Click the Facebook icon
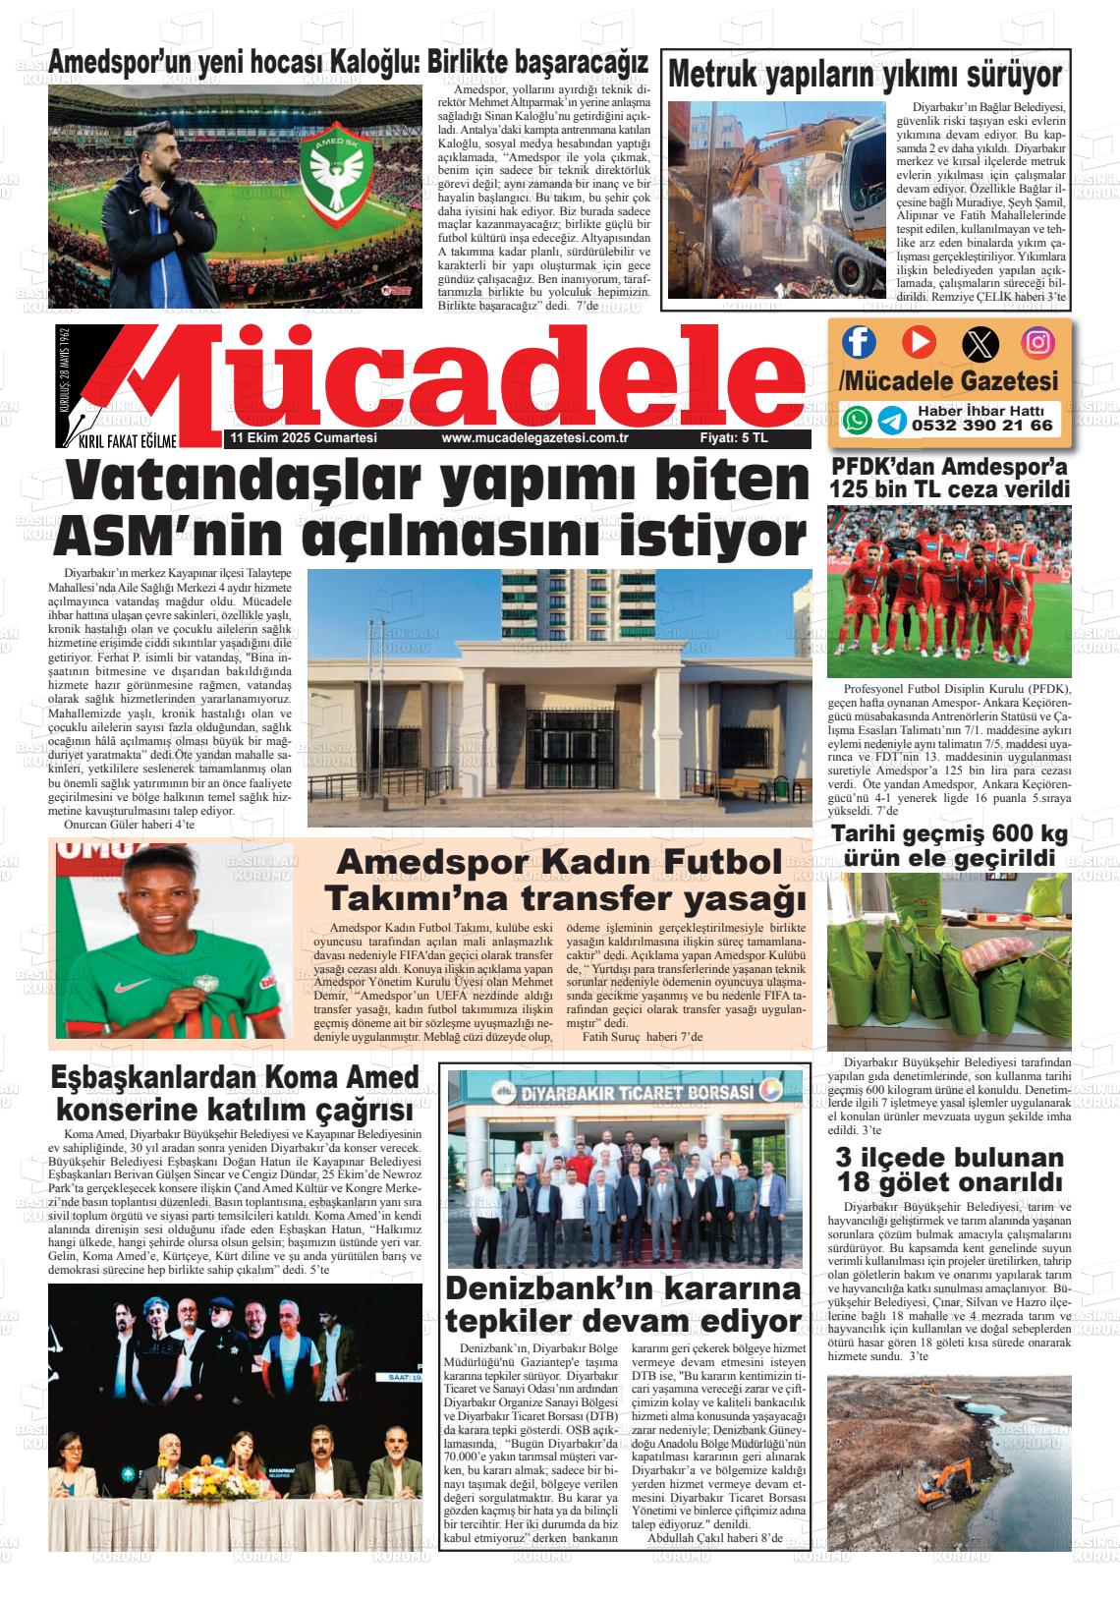[x=859, y=341]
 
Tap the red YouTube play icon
[x=919, y=341]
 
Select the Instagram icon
[x=1037, y=341]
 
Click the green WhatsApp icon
[x=858, y=420]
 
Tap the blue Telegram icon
[x=892, y=420]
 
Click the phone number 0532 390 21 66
[x=981, y=426]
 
